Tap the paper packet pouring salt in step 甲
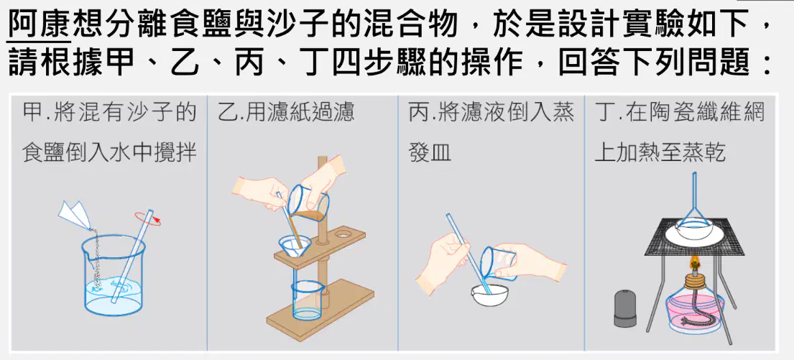pos(75,215)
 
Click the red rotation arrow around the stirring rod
pos(148,218)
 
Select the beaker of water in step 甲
pos(114,277)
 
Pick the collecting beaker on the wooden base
pos(308,301)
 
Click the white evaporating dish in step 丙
pos(489,295)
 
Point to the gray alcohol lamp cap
pos(625,308)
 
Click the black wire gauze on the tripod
pos(695,236)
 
